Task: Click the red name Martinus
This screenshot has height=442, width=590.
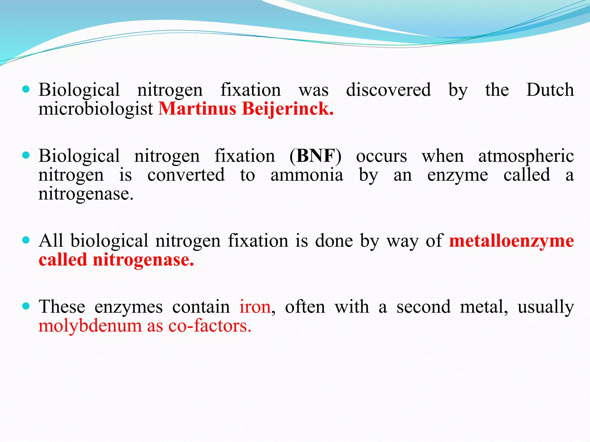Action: coord(197,109)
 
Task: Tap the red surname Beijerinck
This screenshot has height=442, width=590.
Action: coord(288,109)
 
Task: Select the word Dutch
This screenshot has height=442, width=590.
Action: coord(550,90)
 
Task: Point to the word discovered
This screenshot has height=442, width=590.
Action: coord(388,90)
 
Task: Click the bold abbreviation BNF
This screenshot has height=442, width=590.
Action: coord(316,156)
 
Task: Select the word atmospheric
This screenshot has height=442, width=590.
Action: coord(526,157)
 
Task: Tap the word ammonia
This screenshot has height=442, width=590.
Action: coord(307,175)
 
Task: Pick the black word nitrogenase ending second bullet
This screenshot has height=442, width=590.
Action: coord(86,194)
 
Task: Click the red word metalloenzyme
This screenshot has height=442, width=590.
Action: coord(511,241)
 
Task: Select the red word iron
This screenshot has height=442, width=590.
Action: coord(255,307)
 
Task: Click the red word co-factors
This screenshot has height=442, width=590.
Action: coord(210,326)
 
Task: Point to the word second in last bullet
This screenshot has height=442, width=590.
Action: coord(423,307)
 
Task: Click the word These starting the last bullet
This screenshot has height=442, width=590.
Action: coord(62,307)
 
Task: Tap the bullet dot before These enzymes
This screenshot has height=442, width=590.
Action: coord(26,306)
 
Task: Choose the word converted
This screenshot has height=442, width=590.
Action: coord(186,175)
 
